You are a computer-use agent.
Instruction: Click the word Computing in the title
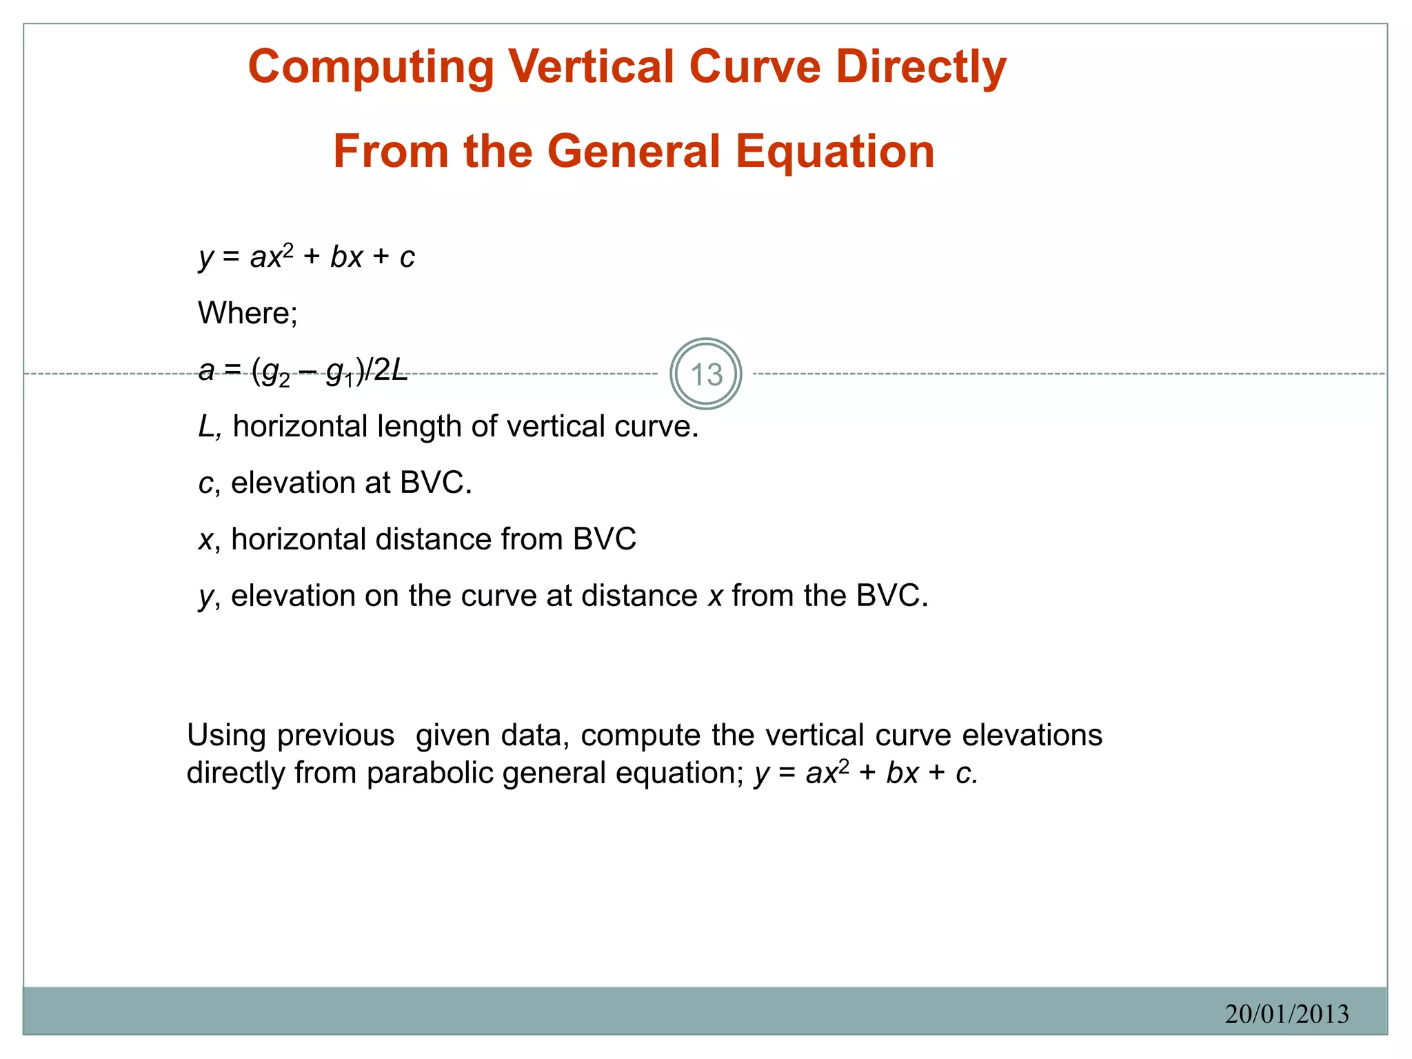pyautogui.click(x=371, y=68)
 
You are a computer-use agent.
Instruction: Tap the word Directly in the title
pyautogui.click(x=920, y=68)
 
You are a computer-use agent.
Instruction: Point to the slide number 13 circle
pyautogui.click(x=705, y=374)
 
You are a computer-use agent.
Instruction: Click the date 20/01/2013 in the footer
pyautogui.click(x=1287, y=1013)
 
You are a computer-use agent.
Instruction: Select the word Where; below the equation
pyautogui.click(x=248, y=314)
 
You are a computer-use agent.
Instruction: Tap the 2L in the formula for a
pyautogui.click(x=390, y=371)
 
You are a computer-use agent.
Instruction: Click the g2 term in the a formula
pyautogui.click(x=276, y=374)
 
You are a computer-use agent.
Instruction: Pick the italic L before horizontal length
pyautogui.click(x=207, y=427)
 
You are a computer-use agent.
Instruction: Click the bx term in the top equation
pyautogui.click(x=346, y=257)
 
